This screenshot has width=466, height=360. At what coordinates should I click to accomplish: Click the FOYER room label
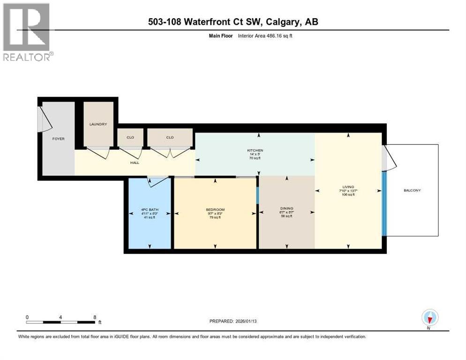[59, 139]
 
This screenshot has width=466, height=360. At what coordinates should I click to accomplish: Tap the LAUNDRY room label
[98, 124]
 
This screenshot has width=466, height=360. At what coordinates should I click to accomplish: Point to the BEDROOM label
[215, 209]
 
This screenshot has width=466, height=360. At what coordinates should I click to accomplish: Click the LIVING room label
[348, 187]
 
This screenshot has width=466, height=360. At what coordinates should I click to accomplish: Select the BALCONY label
[412, 190]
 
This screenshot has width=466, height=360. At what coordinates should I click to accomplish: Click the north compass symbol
[429, 318]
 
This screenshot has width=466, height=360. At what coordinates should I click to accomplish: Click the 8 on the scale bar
[95, 317]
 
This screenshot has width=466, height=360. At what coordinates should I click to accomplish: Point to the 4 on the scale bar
[61, 317]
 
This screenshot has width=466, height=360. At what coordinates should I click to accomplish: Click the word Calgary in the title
[280, 22]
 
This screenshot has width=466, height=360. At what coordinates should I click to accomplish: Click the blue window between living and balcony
[384, 204]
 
